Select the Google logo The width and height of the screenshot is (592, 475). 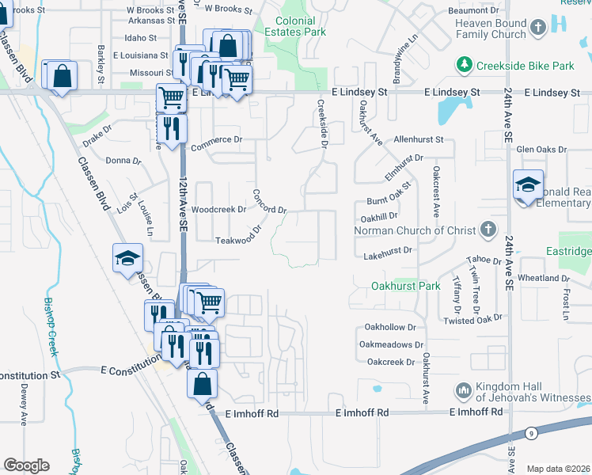26,465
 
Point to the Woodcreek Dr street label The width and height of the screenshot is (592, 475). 218,210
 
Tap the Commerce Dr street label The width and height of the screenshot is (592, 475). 215,139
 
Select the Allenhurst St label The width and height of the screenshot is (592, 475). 419,139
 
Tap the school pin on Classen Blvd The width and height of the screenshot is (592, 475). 127,259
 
